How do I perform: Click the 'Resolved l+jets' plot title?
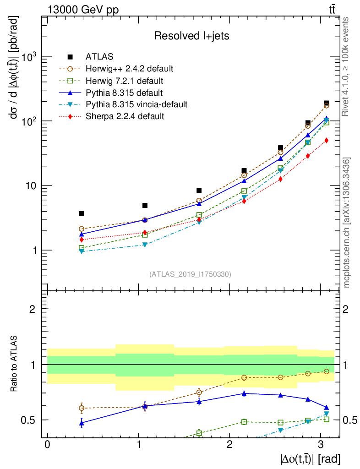point(191,36)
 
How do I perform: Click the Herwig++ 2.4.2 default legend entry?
point(129,69)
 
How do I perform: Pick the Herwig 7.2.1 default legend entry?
point(125,81)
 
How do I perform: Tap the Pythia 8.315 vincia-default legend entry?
point(136,104)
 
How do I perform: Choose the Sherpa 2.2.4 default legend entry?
point(125,116)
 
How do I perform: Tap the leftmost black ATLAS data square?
point(82,213)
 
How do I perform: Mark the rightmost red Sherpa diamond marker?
point(326,141)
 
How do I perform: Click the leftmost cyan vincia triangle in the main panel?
point(82,251)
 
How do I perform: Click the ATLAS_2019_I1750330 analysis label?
point(190,274)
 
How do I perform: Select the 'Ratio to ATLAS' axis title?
point(14,364)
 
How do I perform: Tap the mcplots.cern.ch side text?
point(347,222)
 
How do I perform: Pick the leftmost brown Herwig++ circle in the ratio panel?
point(82,408)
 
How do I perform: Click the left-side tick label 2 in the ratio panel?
point(32,309)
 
